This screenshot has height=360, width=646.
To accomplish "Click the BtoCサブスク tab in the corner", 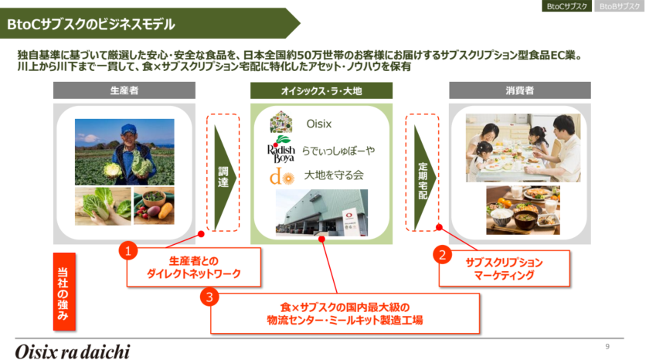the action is [566, 5].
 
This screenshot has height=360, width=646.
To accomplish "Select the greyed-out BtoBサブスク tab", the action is [620, 5].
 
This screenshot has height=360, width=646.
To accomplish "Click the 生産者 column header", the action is [124, 90].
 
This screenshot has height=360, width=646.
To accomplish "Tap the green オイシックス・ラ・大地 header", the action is [321, 90].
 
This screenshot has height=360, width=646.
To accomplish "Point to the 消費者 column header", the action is [520, 90].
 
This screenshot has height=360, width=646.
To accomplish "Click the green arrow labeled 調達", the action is [224, 177].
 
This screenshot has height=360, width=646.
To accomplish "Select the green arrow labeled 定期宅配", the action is [423, 177].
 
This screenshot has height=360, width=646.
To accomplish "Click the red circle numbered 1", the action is [127, 250].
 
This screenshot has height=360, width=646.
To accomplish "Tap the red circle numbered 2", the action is [442, 255].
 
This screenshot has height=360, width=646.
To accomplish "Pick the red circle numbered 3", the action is [209, 297].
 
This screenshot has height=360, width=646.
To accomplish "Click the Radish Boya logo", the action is [281, 150].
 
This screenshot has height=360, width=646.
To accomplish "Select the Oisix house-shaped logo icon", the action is [281, 122].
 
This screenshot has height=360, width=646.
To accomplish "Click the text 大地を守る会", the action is [334, 175].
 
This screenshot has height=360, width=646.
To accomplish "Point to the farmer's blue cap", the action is [129, 128].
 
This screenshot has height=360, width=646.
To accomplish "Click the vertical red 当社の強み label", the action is [64, 291].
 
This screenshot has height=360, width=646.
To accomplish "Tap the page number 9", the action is [607, 347].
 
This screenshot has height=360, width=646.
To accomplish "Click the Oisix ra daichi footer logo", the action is [73, 352].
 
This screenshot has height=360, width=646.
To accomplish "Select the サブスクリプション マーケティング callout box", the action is [505, 269].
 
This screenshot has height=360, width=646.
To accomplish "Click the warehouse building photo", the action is [321, 212].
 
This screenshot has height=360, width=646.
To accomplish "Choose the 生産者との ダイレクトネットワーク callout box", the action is [194, 267].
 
